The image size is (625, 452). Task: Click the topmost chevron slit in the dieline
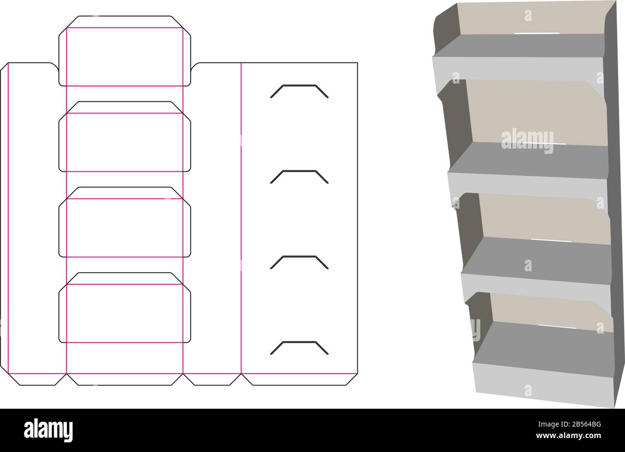(x=299, y=85)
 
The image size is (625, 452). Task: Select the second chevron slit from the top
(x=299, y=171)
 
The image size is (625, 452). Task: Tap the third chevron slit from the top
(x=299, y=256)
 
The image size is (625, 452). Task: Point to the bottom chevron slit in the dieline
(x=299, y=342)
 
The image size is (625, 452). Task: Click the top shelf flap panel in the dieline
(x=125, y=51)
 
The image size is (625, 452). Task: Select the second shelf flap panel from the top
(x=125, y=137)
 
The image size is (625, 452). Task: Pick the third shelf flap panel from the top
(x=125, y=222)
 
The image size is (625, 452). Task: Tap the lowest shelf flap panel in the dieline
(x=125, y=307)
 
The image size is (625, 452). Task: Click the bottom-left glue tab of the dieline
(x=37, y=379)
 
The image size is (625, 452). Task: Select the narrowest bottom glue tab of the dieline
(x=212, y=379)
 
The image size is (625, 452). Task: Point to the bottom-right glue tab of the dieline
(x=300, y=379)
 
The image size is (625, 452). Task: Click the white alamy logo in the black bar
(x=48, y=430)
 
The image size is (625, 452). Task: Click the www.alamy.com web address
(x=568, y=435)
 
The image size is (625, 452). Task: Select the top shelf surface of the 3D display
(x=519, y=46)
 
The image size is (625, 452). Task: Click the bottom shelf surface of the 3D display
(x=544, y=349)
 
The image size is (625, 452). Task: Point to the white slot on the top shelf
(x=537, y=34)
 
